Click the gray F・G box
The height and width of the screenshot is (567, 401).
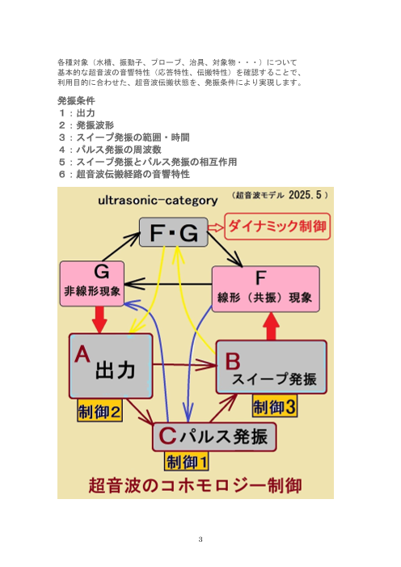(173, 233)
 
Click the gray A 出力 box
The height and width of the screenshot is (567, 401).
(111, 366)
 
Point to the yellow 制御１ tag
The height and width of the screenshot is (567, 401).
(187, 462)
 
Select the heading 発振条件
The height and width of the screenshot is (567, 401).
(76, 101)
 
